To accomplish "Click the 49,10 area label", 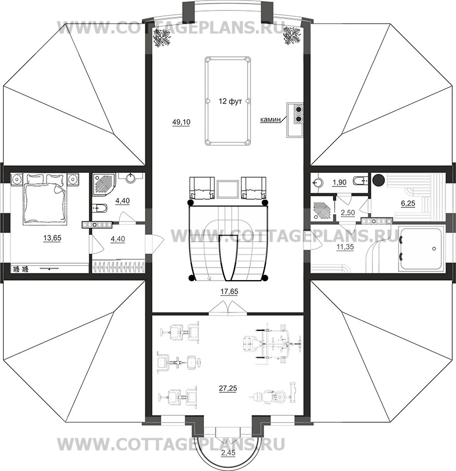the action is (x=181, y=122).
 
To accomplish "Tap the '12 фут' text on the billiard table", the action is (x=230, y=101).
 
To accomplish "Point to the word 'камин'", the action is (x=270, y=120).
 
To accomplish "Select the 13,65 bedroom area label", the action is (x=52, y=238).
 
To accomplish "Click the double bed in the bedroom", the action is (x=45, y=199).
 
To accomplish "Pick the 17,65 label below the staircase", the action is (x=229, y=292).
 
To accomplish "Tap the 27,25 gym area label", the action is (x=228, y=388).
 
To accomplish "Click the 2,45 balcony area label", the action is (x=229, y=461).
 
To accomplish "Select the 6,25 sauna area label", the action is (x=408, y=203).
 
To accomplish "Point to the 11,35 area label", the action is (x=345, y=247).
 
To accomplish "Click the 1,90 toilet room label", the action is (x=340, y=182).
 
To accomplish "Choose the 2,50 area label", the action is (x=348, y=212).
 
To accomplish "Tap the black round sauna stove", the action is (x=378, y=179).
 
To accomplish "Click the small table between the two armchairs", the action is (x=228, y=189).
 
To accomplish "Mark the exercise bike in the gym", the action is (x=273, y=394).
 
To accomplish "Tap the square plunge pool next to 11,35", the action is (x=420, y=249).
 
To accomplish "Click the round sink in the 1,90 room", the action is (x=317, y=182).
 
